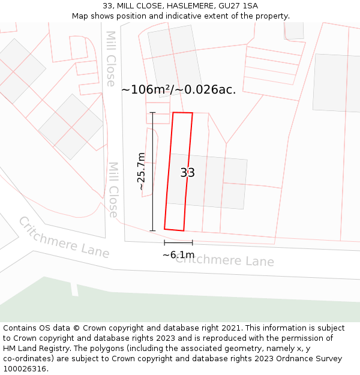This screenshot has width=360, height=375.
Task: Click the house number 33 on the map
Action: [x=187, y=173]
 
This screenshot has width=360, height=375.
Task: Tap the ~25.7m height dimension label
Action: [x=142, y=172]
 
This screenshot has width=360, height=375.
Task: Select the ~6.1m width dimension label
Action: [x=178, y=254]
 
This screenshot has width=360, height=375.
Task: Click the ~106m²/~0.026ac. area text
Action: [x=178, y=90]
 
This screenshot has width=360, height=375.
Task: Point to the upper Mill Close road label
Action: [x=110, y=59]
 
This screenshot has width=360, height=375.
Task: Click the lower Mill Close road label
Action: [x=113, y=190]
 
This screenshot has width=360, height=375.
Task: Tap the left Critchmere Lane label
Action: [x=64, y=237]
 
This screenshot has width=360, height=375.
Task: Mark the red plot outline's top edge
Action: [x=182, y=113]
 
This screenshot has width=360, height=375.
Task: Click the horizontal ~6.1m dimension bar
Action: [x=178, y=242]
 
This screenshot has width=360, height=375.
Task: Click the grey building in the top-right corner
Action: [x=337, y=83]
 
